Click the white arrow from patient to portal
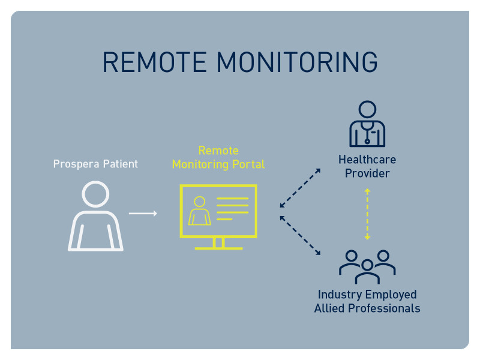(x=143, y=213)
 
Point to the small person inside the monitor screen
(x=199, y=211)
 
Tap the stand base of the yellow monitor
(x=218, y=247)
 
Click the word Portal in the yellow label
(x=248, y=164)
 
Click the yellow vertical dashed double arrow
(x=367, y=214)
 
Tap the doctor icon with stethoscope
(x=367, y=124)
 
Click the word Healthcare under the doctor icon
(x=367, y=160)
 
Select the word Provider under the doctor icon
(x=367, y=174)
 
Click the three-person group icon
(x=367, y=266)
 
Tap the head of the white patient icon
(x=95, y=195)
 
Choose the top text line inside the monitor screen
(x=232, y=198)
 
